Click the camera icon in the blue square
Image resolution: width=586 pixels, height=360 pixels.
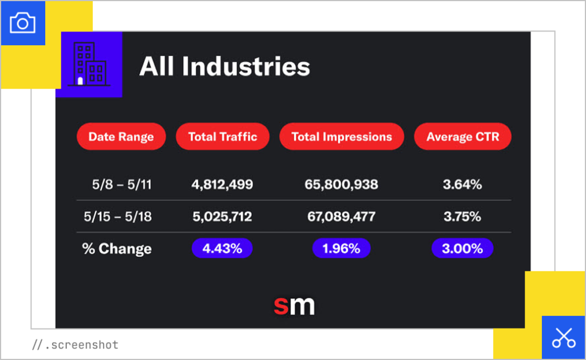(x=23, y=23)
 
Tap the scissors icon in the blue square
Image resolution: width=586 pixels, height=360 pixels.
(x=563, y=338)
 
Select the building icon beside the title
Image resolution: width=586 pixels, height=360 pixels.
(x=89, y=65)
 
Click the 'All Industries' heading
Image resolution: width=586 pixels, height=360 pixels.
(x=224, y=66)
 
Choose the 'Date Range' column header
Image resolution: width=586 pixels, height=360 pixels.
(x=121, y=137)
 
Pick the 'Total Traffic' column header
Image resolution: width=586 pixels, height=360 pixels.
(x=222, y=137)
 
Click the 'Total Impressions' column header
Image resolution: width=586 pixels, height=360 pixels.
(x=342, y=137)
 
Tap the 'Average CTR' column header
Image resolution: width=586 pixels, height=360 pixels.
(x=462, y=137)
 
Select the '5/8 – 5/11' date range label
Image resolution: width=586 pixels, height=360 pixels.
(x=121, y=185)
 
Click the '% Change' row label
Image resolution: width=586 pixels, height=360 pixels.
(x=117, y=249)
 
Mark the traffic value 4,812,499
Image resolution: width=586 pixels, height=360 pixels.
(x=222, y=185)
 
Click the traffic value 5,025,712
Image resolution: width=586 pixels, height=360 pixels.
(x=222, y=217)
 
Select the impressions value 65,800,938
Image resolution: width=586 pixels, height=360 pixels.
(x=341, y=185)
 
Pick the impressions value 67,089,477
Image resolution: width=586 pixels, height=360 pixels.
(x=341, y=217)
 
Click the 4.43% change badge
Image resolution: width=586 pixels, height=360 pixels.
(x=222, y=248)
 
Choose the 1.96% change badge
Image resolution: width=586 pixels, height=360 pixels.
(x=341, y=248)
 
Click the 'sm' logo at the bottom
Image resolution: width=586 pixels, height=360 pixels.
(x=294, y=305)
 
